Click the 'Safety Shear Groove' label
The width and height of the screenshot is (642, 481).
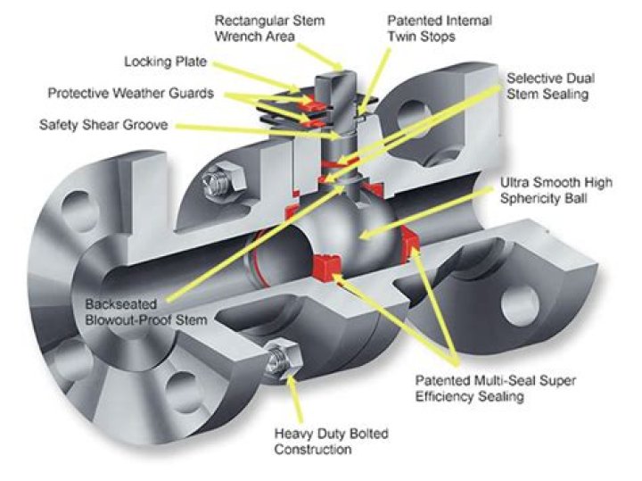[103, 124]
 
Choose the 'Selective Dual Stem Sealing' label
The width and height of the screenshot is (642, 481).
[547, 86]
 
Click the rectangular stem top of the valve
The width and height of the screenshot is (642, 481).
[340, 85]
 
